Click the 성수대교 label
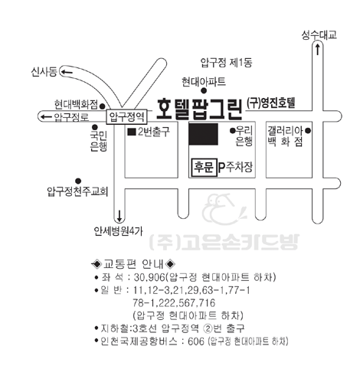(x=319, y=34)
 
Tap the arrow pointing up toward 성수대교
(x=317, y=49)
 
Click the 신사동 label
(x=44, y=72)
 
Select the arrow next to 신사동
(x=67, y=72)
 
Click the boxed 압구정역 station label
(x=126, y=117)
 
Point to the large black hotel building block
(x=203, y=134)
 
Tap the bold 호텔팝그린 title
(x=199, y=109)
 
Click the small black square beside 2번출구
(x=132, y=132)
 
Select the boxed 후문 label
(x=204, y=168)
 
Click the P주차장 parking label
(x=235, y=167)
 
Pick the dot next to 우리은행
(x=232, y=131)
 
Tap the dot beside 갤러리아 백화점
(x=308, y=131)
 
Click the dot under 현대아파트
(x=204, y=90)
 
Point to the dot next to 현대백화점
(x=102, y=106)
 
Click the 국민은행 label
(x=99, y=141)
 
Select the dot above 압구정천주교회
(x=78, y=181)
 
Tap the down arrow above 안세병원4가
(x=119, y=216)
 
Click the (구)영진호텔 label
(x=271, y=103)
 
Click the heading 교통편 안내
(x=133, y=264)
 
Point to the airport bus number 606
(x=196, y=341)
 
